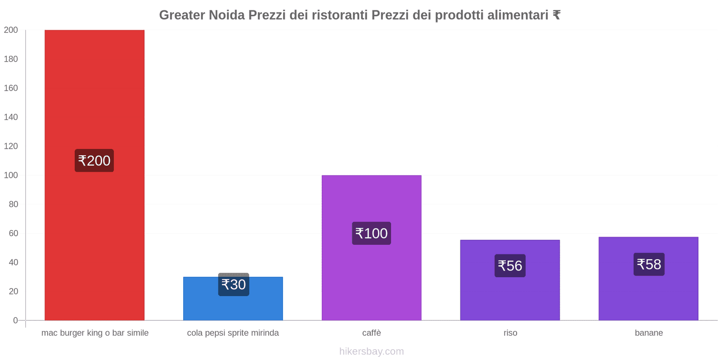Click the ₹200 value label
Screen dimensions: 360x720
pos(94,161)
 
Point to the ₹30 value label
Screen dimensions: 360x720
pos(234,285)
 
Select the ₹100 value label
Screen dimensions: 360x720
pos(371,234)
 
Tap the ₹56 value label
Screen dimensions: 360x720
pos(510,266)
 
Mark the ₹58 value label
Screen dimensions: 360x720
pos(649,264)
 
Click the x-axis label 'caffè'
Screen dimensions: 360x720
pos(371,333)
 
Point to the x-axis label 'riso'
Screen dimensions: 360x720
pos(510,333)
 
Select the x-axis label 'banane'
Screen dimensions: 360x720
pos(648,333)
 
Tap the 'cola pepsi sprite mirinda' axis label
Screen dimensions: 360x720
pos(233,333)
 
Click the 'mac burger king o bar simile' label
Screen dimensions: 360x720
pos(95,333)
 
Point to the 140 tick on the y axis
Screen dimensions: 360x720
pos(11,117)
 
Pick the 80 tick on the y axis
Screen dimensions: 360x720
pos(13,204)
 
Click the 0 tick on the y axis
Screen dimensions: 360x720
pos(15,320)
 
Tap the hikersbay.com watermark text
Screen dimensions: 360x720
pos(371,351)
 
